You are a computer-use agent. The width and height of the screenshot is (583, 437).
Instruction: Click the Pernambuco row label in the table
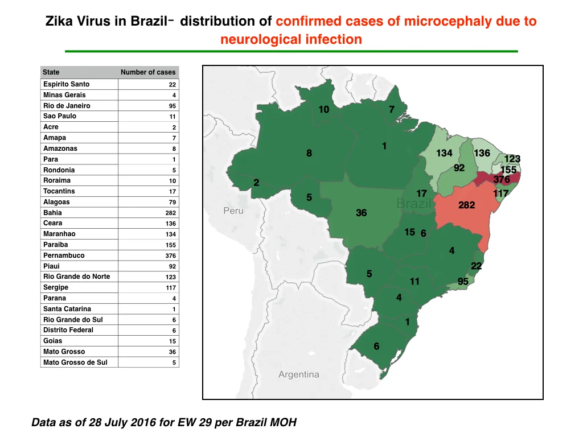point(64,255)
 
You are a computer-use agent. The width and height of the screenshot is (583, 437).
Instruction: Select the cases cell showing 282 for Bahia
point(171,213)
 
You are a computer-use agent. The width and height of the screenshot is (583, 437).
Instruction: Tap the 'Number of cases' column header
point(148,72)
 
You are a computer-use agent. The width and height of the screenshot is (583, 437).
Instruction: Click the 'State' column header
point(51,72)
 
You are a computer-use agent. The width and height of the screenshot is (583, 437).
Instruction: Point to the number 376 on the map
point(502,179)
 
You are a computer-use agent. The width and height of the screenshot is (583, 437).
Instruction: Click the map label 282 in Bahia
point(467,205)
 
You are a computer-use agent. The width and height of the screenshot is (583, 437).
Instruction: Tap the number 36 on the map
point(362,213)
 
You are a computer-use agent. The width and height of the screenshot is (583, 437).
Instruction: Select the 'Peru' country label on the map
point(233,211)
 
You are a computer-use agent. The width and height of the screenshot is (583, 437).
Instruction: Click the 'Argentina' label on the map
point(298,374)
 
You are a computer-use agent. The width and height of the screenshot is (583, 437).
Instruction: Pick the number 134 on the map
point(444,153)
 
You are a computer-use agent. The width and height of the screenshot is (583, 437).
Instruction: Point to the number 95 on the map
point(463,281)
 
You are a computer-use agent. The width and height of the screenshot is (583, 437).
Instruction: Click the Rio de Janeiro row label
point(67,105)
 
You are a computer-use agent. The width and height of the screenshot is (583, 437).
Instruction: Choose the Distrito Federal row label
point(68,330)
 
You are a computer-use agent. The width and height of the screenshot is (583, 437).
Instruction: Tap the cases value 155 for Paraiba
point(171,245)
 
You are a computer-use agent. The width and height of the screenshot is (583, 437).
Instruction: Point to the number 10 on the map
point(324,109)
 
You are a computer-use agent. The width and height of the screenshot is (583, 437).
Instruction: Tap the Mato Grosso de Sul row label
point(75,362)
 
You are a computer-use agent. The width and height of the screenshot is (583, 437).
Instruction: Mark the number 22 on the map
point(477,266)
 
